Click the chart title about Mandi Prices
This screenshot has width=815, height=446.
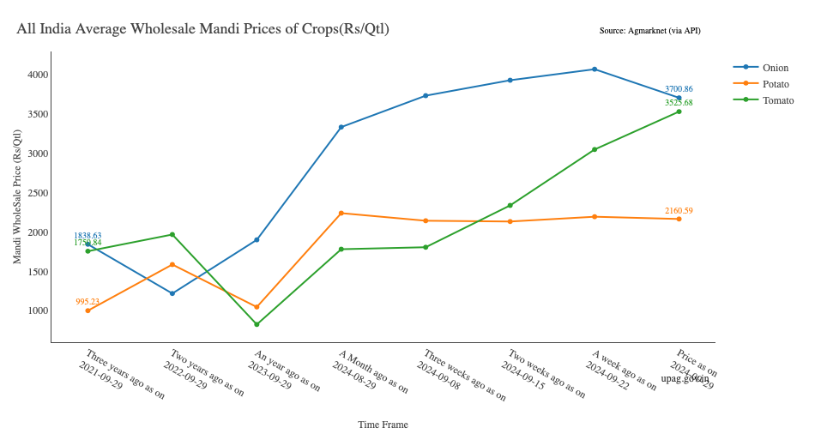(202, 29)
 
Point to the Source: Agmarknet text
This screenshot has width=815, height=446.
(649, 31)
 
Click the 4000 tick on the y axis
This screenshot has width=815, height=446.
(37, 75)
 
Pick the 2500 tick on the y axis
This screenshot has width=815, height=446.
(37, 194)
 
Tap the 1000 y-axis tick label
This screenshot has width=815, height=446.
(37, 311)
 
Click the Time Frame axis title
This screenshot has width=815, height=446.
(383, 425)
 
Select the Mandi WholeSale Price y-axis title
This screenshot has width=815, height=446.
(18, 196)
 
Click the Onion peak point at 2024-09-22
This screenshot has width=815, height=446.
(595, 69)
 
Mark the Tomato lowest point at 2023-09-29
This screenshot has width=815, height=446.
(257, 324)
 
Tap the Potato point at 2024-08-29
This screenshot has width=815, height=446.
(341, 213)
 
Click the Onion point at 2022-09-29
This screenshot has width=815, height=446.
(172, 293)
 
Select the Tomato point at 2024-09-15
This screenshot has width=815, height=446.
(510, 206)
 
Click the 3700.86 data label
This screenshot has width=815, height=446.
(679, 89)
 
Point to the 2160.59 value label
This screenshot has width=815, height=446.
(679, 210)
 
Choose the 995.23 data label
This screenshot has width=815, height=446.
(88, 302)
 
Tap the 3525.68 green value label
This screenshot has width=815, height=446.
(679, 103)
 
